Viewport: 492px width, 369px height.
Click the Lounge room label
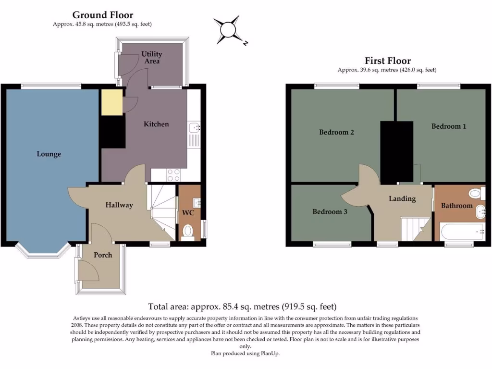click(x=49, y=154)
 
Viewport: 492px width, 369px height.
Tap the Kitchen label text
click(x=156, y=124)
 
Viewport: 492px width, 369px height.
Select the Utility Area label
click(x=151, y=58)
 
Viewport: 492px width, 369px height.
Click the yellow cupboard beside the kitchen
click(x=111, y=101)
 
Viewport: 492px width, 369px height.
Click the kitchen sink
click(x=194, y=127)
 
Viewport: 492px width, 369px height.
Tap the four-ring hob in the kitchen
click(x=173, y=175)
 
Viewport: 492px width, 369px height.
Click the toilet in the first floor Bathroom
click(x=474, y=194)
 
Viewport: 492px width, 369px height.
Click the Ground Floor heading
click(x=103, y=15)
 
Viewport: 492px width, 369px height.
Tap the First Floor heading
click(x=387, y=61)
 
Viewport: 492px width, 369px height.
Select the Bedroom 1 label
click(x=449, y=126)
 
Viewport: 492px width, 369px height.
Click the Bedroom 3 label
click(x=330, y=211)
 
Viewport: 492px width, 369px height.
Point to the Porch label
click(x=103, y=255)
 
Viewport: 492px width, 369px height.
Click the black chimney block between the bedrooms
click(x=396, y=151)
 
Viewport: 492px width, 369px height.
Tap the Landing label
click(x=402, y=198)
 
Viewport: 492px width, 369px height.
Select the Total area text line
click(x=242, y=307)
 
